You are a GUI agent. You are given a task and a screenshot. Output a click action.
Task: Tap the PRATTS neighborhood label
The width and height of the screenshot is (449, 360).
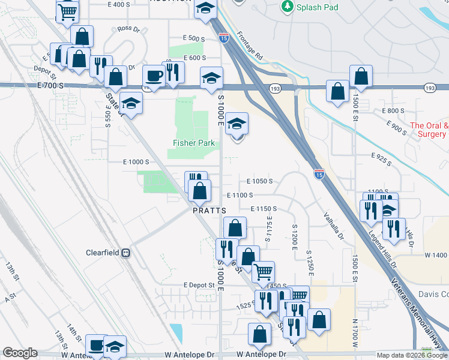click(209, 211)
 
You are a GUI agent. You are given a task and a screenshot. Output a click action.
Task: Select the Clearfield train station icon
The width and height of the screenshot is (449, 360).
click(126, 253)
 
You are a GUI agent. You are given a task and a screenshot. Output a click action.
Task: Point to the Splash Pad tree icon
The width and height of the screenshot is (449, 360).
click(287, 7)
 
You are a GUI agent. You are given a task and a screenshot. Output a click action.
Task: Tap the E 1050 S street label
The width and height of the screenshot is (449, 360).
click(259, 181)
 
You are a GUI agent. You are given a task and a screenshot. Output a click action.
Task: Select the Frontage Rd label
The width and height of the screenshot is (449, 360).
click(250, 45)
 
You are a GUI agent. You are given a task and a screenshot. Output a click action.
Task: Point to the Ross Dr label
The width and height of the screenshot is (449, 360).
click(128, 28)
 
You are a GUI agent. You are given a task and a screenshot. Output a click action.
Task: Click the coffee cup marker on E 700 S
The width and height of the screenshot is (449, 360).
click(154, 76)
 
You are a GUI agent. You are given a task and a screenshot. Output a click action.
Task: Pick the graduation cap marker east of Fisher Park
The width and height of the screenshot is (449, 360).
click(238, 125)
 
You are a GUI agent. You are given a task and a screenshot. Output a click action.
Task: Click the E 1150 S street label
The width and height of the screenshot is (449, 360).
click(263, 208)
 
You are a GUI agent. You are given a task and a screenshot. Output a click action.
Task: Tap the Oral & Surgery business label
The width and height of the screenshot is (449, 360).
click(429, 130)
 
